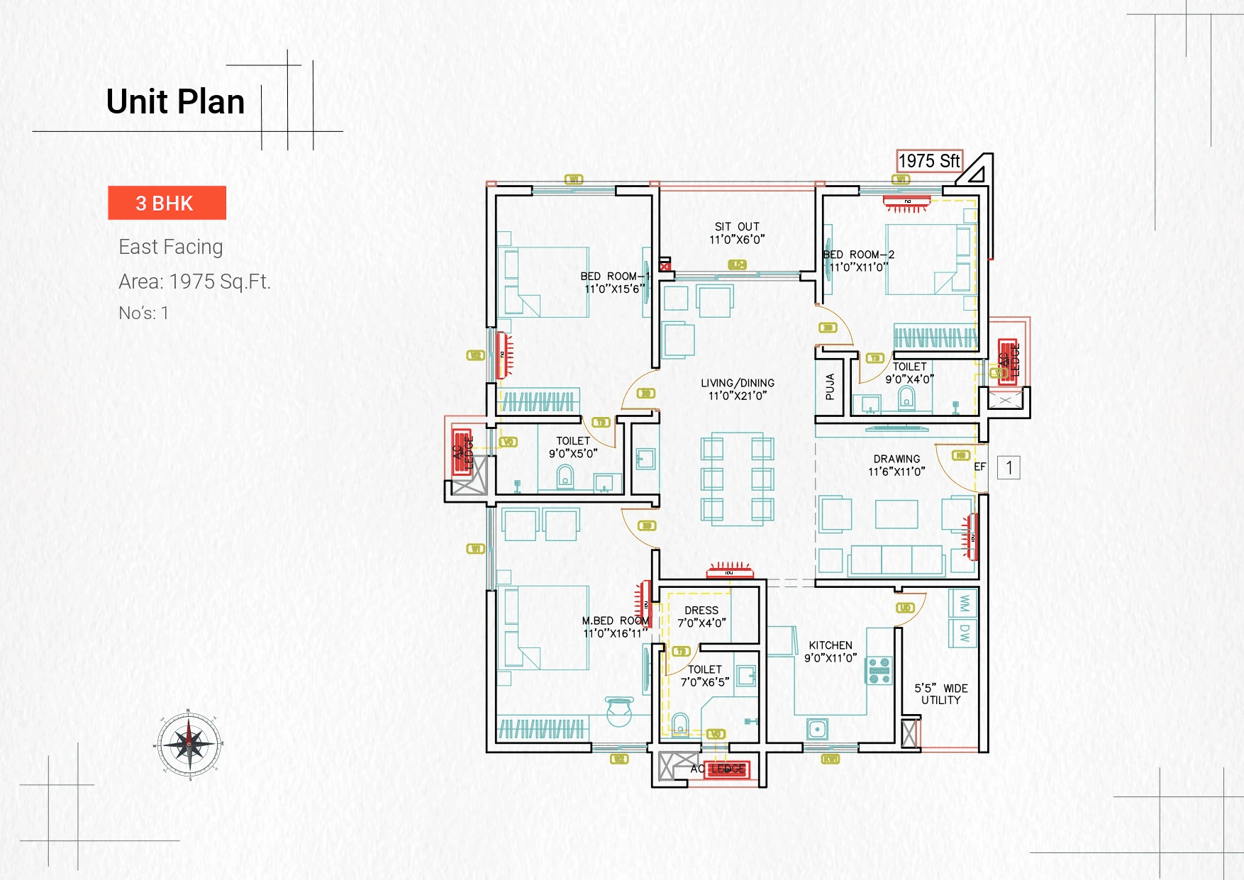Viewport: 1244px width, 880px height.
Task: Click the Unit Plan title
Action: [175, 101]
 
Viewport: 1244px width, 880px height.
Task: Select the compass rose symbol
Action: [189, 745]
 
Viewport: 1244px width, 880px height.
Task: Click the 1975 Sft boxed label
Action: [928, 161]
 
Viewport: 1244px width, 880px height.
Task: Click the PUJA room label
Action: [830, 387]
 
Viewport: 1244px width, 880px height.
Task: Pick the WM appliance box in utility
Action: [964, 603]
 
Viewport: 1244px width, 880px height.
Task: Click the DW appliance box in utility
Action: [964, 633]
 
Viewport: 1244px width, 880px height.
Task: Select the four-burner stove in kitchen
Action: [879, 670]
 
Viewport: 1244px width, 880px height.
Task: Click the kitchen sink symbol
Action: [817, 728]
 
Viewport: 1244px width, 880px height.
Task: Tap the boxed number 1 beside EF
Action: [1009, 467]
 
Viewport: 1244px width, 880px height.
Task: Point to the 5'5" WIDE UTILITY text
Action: [940, 694]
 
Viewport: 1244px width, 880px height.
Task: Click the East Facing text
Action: [171, 247]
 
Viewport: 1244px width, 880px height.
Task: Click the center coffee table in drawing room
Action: [896, 514]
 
